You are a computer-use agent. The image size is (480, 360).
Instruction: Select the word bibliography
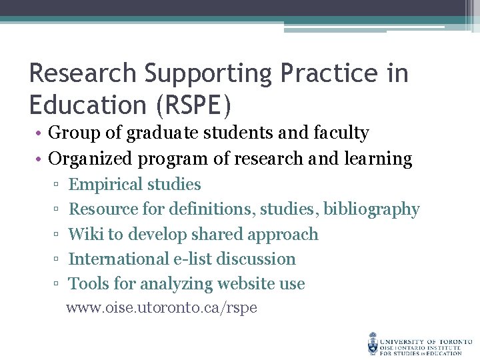tap(371, 209)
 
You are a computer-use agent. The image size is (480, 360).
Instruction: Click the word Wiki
tap(86, 235)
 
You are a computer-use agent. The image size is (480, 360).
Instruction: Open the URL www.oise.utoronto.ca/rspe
tap(161, 308)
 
